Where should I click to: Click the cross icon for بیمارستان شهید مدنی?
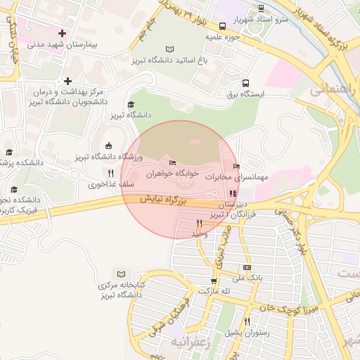pos(63,33)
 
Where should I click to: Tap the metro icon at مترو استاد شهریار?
pos(262,8)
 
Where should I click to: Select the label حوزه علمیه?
pos(224,36)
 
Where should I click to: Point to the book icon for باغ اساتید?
pos(169,49)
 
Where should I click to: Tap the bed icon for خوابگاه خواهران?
pos(172,163)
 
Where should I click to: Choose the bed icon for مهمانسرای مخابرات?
pos(236,166)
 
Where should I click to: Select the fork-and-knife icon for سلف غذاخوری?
pos(110,173)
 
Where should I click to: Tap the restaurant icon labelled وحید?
pos(200,223)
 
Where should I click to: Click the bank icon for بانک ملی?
pos(247,267)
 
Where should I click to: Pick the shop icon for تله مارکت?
pos(213,281)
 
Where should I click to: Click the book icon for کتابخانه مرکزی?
pos(122,274)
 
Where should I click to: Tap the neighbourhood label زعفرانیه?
pos(190,341)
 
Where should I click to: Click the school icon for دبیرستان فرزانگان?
pos(233,193)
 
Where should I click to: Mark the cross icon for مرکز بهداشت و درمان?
pos(67,82)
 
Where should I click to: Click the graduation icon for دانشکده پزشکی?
pos(9,152)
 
